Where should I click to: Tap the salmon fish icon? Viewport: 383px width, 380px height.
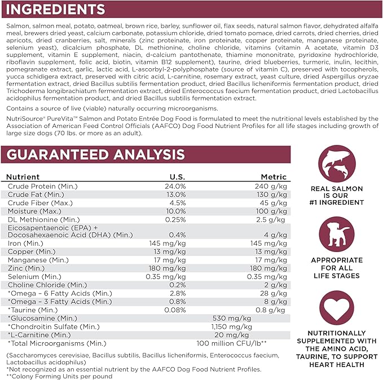tap(337, 164)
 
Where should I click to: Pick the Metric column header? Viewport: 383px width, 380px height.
tap(274, 176)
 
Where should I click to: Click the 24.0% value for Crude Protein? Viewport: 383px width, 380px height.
tap(174, 186)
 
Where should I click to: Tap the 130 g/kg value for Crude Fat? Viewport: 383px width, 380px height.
tap(272, 194)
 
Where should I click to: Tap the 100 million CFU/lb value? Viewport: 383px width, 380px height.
tap(231, 343)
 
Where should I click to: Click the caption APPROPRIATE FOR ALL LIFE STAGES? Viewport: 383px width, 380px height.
tap(337, 268)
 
